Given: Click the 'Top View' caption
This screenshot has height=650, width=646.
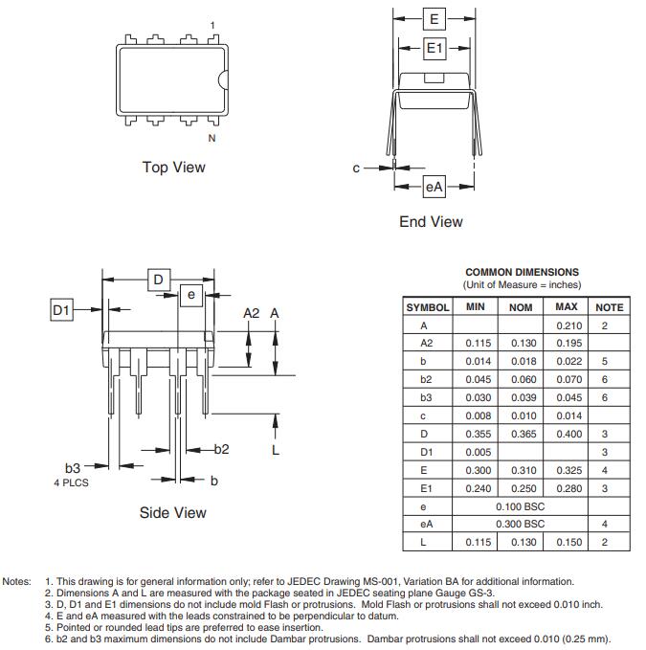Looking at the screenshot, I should [173, 168].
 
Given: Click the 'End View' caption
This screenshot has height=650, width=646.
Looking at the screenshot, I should [431, 222].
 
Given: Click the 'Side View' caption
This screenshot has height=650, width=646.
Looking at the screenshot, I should [172, 513].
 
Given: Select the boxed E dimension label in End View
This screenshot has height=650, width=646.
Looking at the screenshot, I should [434, 18].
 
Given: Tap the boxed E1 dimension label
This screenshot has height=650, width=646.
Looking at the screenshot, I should [434, 48].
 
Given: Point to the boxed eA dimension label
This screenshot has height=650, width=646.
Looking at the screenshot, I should [434, 188].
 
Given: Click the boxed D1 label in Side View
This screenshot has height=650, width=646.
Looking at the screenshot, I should [61, 309].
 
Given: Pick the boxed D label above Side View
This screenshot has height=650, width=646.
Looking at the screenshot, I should [159, 280].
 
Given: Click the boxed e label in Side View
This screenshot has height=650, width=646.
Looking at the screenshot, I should [191, 295].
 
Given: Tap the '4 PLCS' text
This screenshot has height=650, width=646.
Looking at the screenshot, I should [71, 482].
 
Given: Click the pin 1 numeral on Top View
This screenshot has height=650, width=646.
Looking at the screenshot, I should [212, 25].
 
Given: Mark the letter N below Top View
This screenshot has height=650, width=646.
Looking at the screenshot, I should [212, 138].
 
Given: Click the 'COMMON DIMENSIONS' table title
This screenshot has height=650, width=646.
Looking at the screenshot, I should [522, 273].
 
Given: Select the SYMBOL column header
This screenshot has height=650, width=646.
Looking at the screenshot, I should [428, 307].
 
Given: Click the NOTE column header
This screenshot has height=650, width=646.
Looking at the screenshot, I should [609, 307].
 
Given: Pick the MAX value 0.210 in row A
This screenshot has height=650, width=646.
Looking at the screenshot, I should [567, 325].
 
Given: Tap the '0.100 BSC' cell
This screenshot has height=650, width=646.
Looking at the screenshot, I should [520, 506].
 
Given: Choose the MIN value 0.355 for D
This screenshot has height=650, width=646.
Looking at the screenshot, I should [479, 434].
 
